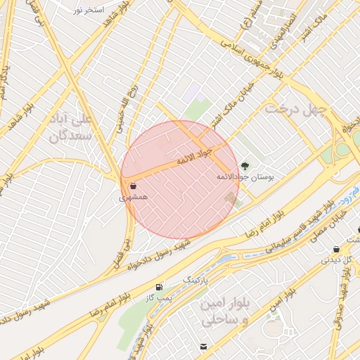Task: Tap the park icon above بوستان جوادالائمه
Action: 245,165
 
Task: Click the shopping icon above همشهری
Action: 134,186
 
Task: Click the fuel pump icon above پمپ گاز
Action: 159,287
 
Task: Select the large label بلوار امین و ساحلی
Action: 225,310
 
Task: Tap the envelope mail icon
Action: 204,347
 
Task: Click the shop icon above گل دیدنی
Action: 336,249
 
